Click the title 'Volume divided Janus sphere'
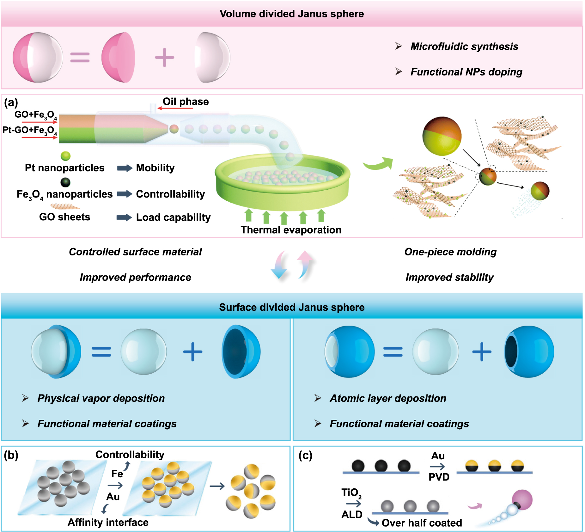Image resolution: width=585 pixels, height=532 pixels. (x=292, y=14)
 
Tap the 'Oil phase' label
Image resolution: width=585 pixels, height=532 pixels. (x=186, y=102)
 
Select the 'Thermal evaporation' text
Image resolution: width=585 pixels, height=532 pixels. (x=291, y=230)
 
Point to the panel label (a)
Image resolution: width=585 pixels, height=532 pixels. (x=11, y=102)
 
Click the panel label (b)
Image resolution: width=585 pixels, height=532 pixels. (x=11, y=455)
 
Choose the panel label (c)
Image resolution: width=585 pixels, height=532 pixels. (x=305, y=456)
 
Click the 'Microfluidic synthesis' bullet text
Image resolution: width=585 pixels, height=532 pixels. (x=464, y=46)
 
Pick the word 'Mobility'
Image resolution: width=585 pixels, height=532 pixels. (x=155, y=168)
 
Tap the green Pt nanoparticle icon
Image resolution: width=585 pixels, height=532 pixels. (x=65, y=156)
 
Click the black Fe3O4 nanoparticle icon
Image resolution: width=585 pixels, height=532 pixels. (x=65, y=182)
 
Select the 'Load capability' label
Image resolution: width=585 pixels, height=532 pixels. (x=173, y=217)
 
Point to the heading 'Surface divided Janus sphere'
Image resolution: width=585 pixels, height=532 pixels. (x=292, y=307)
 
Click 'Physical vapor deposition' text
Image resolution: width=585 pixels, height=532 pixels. (x=101, y=398)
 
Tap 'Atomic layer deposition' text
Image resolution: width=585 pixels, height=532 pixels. (x=388, y=398)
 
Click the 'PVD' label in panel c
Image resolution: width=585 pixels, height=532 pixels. (x=439, y=477)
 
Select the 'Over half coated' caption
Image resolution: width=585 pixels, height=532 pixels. (x=422, y=523)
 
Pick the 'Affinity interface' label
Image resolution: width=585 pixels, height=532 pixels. (x=108, y=522)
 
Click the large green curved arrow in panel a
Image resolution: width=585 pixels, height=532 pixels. (x=378, y=164)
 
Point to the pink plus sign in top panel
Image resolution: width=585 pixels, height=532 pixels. (x=164, y=58)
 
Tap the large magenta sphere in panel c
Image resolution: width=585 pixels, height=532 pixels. (x=522, y=500)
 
